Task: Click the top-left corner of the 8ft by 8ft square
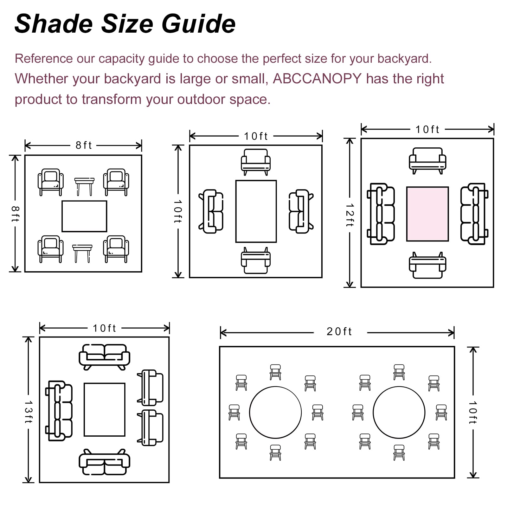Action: click(25, 156)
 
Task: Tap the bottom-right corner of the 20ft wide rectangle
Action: click(454, 478)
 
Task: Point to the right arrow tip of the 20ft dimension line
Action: click(454, 333)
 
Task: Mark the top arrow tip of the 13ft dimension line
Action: click(29, 337)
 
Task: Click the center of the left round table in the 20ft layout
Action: click(275, 412)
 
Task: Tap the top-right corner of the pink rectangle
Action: click(448, 187)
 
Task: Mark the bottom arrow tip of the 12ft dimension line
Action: click(350, 287)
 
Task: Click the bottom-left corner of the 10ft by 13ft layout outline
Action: click(40, 482)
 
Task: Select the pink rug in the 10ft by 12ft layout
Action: click(427, 214)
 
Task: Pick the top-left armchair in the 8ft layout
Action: click(50, 182)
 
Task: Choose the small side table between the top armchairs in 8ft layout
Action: click(84, 186)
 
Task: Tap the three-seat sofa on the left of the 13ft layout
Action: click(59, 411)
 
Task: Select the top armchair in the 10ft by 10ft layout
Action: click(256, 162)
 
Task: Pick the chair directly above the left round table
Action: click(275, 372)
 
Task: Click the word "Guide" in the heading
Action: click(198, 24)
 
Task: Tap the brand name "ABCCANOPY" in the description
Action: click(317, 79)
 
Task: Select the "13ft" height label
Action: click(29, 412)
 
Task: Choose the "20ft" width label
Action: click(339, 331)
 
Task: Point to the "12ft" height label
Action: click(350, 215)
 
